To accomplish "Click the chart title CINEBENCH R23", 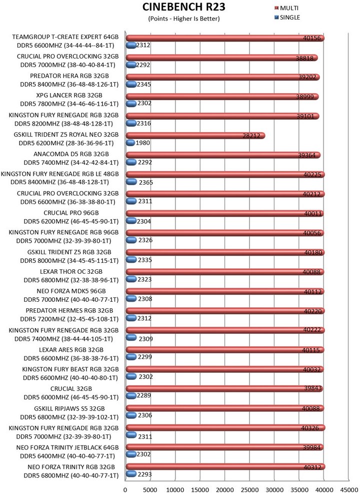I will click(183, 8).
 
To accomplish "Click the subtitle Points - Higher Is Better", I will click(184, 19).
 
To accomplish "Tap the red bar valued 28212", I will click(195, 136).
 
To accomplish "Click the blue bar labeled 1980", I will click(130, 143).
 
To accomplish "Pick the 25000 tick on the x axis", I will click(249, 485).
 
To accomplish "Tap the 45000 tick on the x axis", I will click(349, 485).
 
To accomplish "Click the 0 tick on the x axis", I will click(125, 485).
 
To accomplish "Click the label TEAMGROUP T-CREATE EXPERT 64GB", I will click(65, 37).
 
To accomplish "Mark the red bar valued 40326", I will click(225, 428).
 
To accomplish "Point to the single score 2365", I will click(145, 182).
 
